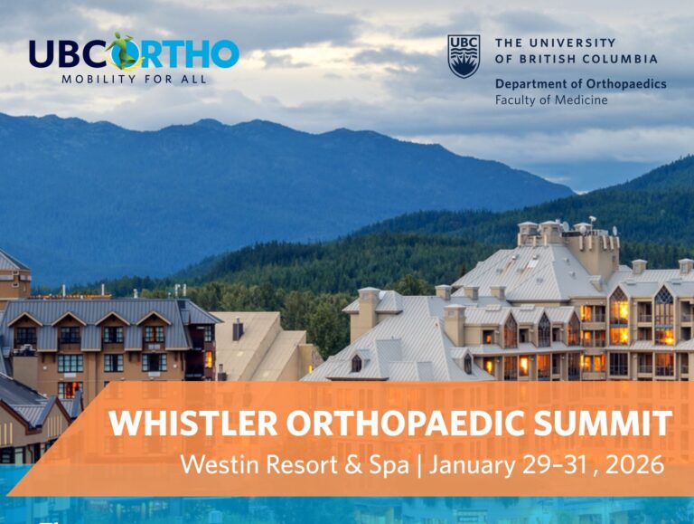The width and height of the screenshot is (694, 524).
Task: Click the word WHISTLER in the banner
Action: pos(193,424)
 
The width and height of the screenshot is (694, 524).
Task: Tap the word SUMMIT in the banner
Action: pos(603,424)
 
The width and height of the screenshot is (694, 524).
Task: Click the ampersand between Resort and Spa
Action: pos(353,464)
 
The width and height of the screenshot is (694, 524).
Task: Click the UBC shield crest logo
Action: pos(464,56)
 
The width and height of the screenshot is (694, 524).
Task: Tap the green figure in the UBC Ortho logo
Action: pos(125,50)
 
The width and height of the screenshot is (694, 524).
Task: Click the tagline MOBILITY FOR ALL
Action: pos(134,80)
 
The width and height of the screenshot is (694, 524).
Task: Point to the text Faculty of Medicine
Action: pos(551,100)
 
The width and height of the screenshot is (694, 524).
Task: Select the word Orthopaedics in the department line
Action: pos(626,84)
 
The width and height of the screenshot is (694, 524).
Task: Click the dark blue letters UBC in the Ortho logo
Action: pos(70,54)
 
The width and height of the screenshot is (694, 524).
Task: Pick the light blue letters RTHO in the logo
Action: pos(192,54)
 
